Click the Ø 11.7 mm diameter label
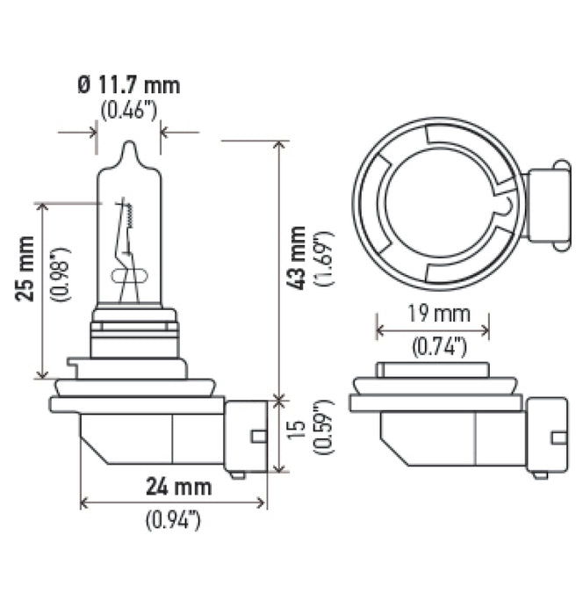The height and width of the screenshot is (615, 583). (128, 85)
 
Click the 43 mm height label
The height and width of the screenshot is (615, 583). (299, 257)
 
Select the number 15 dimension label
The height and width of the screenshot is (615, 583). (299, 432)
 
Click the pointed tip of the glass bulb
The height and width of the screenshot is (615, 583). (128, 145)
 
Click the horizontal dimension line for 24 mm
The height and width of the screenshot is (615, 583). (172, 503)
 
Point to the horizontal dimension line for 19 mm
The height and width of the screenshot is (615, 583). (432, 331)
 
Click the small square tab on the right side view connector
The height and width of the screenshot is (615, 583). (558, 437)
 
